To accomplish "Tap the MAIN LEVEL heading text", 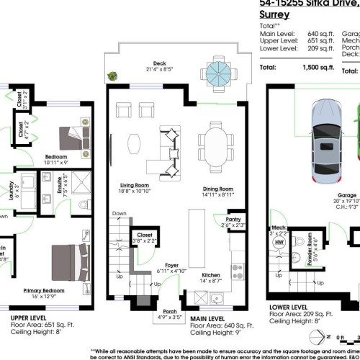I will tap(210, 318).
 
